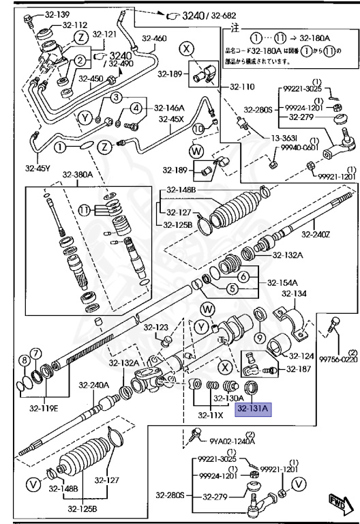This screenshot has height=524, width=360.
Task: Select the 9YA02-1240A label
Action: (232, 441)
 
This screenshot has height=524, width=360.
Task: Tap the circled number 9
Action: (260, 338)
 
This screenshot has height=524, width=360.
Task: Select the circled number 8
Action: (24, 360)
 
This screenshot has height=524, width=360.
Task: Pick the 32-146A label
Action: (168, 107)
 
